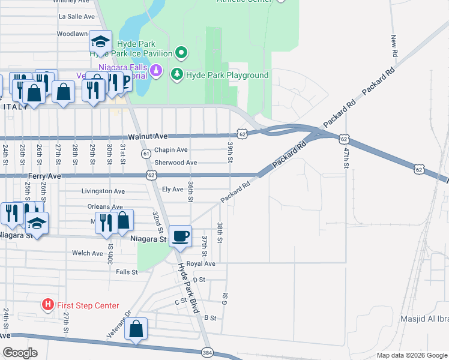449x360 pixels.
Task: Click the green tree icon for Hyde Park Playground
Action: pyautogui.click(x=177, y=74)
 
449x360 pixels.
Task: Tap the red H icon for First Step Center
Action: pyautogui.click(x=48, y=305)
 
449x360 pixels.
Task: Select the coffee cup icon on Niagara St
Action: pyautogui.click(x=179, y=235)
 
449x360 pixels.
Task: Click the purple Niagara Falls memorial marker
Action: pyautogui.click(x=156, y=71)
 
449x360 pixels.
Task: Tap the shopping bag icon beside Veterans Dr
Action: pyautogui.click(x=136, y=329)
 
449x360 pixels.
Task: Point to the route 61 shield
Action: pyautogui.click(x=146, y=154)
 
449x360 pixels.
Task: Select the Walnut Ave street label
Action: pyautogui.click(x=144, y=137)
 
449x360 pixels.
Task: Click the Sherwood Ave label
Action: pyautogui.click(x=175, y=163)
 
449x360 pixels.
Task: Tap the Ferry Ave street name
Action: pyautogui.click(x=44, y=175)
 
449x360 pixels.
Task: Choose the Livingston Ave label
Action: pyautogui.click(x=103, y=191)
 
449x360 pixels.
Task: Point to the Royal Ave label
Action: pyautogui.click(x=200, y=263)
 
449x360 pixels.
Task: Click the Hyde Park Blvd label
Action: pyautogui.click(x=187, y=289)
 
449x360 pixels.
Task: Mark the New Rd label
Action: pyautogui.click(x=394, y=46)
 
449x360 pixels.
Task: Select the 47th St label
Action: pyautogui.click(x=346, y=159)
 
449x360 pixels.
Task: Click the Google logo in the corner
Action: pyautogui.click(x=20, y=353)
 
